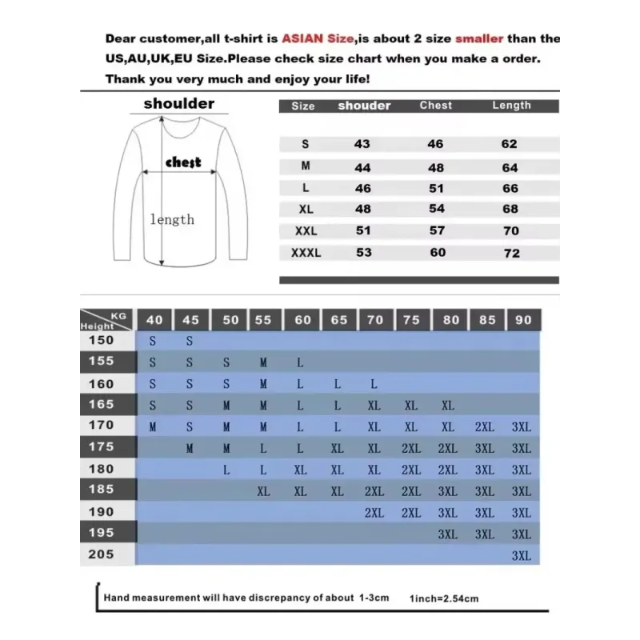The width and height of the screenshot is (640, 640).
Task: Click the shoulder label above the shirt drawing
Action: click(x=179, y=103)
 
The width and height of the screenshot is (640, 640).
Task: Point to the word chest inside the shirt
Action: click(x=182, y=162)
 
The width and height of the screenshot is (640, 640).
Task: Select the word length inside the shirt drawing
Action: click(x=172, y=219)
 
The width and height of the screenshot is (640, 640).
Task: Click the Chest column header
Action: click(x=435, y=106)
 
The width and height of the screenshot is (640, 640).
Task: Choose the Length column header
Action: click(x=511, y=106)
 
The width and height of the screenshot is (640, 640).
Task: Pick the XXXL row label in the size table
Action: click(x=305, y=253)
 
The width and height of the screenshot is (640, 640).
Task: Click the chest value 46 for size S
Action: click(x=436, y=144)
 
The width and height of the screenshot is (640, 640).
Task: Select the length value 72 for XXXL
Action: click(x=511, y=253)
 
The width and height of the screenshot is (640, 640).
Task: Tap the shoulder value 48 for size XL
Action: click(x=362, y=210)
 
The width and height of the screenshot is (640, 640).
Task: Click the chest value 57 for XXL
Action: click(x=436, y=231)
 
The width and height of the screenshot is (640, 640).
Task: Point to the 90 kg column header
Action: click(x=523, y=320)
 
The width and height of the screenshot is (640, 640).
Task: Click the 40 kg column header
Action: click(x=154, y=320)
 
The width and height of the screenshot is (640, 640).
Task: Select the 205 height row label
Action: click(x=101, y=554)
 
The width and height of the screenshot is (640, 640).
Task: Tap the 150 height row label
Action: click(x=101, y=340)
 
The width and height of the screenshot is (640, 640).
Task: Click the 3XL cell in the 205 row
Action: click(x=521, y=556)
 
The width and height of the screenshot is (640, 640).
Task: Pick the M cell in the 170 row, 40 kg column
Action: click(x=153, y=427)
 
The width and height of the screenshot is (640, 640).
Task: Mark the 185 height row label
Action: click(x=101, y=490)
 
